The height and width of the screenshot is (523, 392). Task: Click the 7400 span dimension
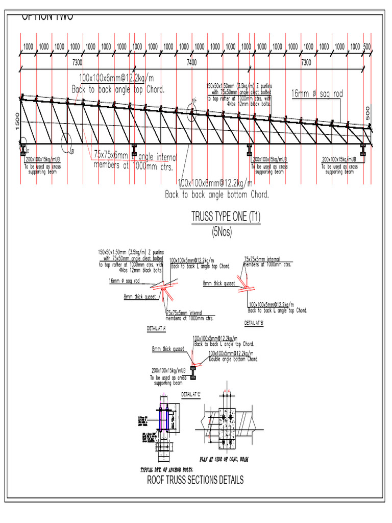[192, 62]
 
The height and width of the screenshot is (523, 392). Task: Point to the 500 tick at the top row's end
[366, 46]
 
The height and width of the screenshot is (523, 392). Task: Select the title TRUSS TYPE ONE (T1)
[226, 217]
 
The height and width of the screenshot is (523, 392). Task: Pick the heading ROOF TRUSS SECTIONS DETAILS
[195, 480]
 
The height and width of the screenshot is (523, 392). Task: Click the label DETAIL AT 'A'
[157, 328]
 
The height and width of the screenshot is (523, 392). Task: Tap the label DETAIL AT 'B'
[254, 323]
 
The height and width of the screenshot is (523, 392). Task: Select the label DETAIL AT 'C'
[191, 394]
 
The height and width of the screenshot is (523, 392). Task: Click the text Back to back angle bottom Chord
[216, 195]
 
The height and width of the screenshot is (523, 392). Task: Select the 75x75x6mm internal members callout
[134, 159]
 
